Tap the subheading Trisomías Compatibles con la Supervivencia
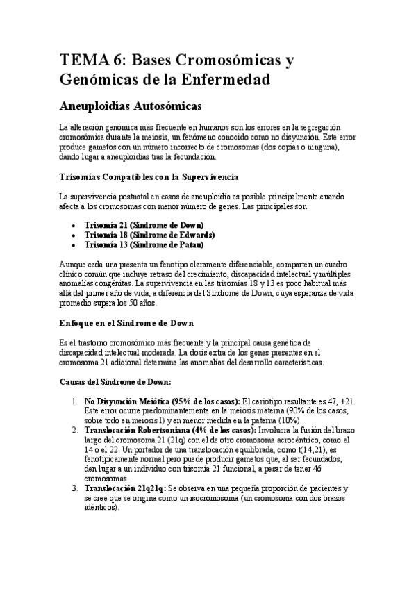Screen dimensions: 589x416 [x=149, y=177]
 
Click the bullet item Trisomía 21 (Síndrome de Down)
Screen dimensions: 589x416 [x=144, y=225]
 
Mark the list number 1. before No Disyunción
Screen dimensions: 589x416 [x=75, y=401]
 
